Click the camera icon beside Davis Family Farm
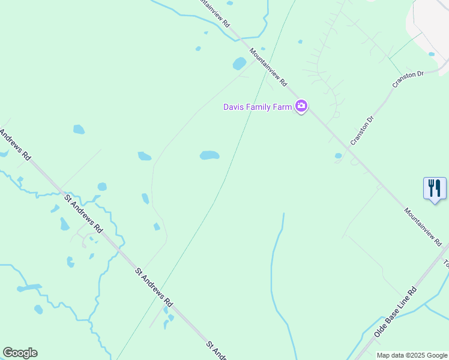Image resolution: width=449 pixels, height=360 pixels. tap(301, 107)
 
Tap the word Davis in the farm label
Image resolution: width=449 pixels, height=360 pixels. tap(234, 107)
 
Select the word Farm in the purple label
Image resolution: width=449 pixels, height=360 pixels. tap(281, 107)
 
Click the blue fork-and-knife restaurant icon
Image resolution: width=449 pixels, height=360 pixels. tap(435, 188)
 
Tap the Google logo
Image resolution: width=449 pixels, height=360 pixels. tap(20, 353)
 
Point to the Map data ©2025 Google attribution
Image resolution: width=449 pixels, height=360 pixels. tap(412, 355)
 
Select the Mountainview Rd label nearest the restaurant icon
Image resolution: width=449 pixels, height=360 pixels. tap(423, 227)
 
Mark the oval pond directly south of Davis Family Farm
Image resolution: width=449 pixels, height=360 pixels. tap(209, 155)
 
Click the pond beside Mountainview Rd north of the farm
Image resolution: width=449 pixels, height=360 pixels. tap(240, 63)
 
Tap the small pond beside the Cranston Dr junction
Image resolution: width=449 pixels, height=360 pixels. tap(338, 156)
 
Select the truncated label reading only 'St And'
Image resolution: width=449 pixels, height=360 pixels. tap(217, 351)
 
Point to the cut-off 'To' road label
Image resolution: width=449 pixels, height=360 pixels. tap(445, 263)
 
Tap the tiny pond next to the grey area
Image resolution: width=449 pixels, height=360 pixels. tap(432, 54)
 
